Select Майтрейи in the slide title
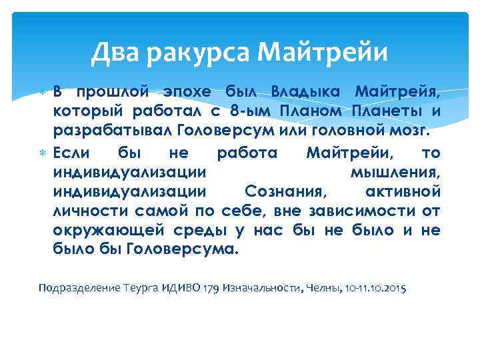(322, 50)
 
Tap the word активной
(403, 192)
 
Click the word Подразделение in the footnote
(79, 288)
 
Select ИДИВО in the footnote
(175, 288)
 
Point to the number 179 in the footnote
(210, 288)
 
